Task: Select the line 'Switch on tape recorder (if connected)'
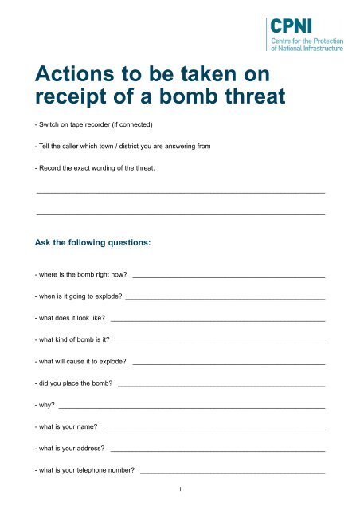point(90,126)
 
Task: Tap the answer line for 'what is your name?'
point(214,429)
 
